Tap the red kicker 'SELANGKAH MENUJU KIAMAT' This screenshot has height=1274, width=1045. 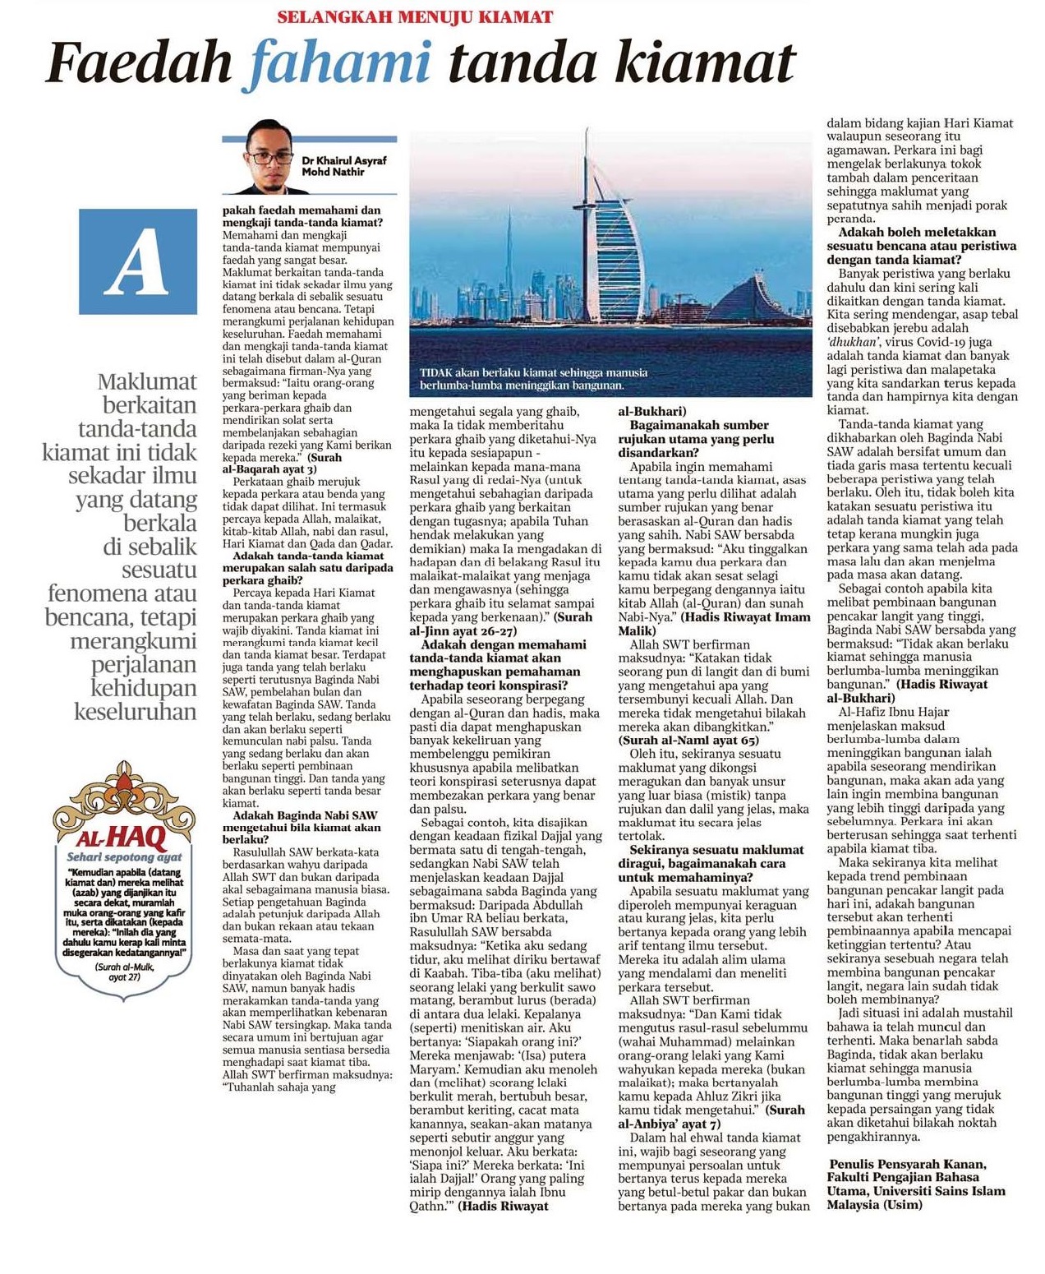coord(415,16)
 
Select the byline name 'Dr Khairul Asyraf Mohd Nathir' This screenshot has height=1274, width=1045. coord(343,166)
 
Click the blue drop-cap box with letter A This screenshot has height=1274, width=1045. coord(138,261)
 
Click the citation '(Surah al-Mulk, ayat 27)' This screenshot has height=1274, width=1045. coord(125,972)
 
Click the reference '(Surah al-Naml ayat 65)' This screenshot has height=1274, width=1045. coord(688,740)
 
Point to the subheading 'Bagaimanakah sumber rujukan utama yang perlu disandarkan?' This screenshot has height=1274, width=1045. coord(698,438)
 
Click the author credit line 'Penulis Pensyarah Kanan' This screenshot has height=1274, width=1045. coord(908,1164)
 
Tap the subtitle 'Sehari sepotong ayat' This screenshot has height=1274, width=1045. coord(124,857)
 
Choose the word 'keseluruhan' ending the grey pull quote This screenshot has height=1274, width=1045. coord(136,711)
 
